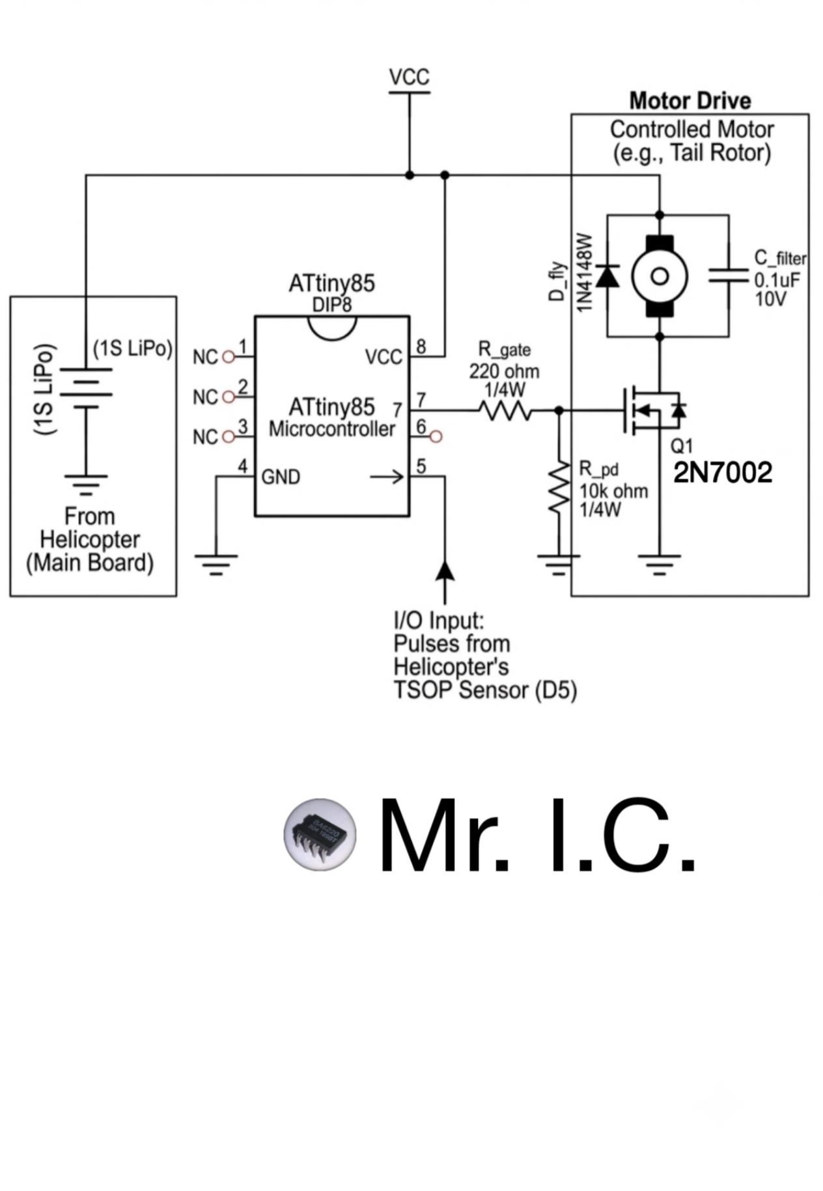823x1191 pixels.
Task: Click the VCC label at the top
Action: click(410, 77)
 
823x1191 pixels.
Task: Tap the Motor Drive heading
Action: click(690, 101)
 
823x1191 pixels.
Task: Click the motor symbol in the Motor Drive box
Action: click(660, 276)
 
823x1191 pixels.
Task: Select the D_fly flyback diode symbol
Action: click(607, 276)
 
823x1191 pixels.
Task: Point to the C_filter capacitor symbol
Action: click(729, 276)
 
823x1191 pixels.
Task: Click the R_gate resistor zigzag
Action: click(505, 410)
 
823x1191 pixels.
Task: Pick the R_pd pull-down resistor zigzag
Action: click(559, 486)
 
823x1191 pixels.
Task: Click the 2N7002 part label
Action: click(723, 473)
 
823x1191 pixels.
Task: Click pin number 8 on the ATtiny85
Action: click(421, 346)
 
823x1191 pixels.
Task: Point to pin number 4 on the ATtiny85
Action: click(243, 466)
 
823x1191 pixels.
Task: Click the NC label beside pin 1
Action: click(205, 357)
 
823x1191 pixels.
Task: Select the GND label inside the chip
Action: click(281, 477)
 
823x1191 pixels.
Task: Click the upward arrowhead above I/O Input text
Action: click(445, 568)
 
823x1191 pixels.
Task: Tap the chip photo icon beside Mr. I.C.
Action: click(320, 834)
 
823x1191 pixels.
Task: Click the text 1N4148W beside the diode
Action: click(584, 272)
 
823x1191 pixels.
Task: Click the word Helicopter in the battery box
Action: click(90, 540)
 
